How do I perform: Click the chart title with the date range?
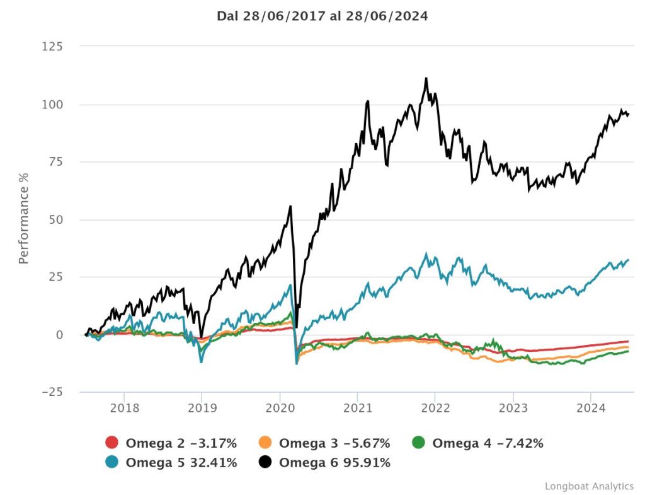coord(322,16)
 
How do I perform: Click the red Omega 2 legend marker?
coord(112,443)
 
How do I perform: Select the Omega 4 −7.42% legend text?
coord(488,443)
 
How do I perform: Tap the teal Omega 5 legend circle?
coord(112,463)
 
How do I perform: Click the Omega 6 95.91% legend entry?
coord(334,463)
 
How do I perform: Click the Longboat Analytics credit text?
coord(589,486)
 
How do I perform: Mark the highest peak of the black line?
coord(426,79)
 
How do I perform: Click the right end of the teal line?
coord(628,260)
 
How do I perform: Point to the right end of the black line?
coord(628,114)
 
